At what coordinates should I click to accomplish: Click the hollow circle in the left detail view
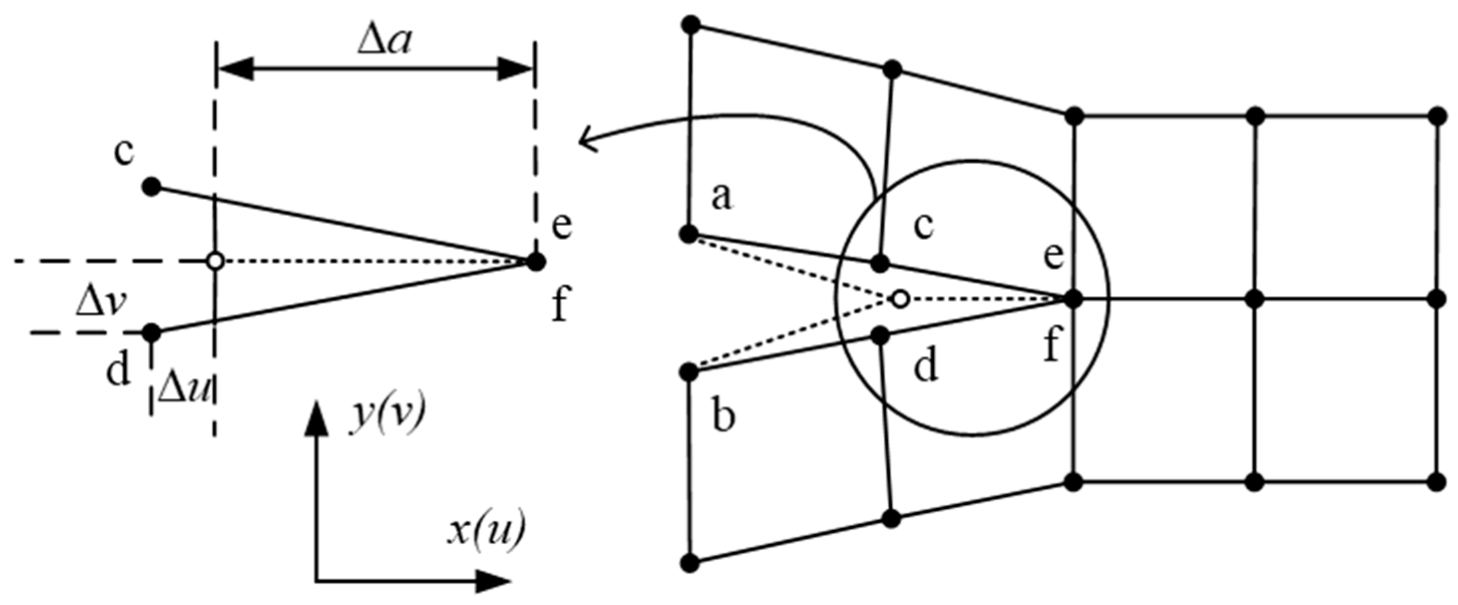coord(215,262)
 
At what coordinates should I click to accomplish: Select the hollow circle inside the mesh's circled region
coord(900,299)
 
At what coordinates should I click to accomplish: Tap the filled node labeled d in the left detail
coord(151,333)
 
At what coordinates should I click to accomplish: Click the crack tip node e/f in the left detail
coord(535,262)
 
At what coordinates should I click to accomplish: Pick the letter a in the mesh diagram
coord(721,198)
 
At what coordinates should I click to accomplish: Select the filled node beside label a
coord(689,234)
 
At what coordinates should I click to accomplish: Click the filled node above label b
coord(689,372)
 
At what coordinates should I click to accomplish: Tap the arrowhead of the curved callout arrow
coord(586,140)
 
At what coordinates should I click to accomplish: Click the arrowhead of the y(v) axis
coord(316,419)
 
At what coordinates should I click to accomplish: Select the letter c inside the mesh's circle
coord(923,226)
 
